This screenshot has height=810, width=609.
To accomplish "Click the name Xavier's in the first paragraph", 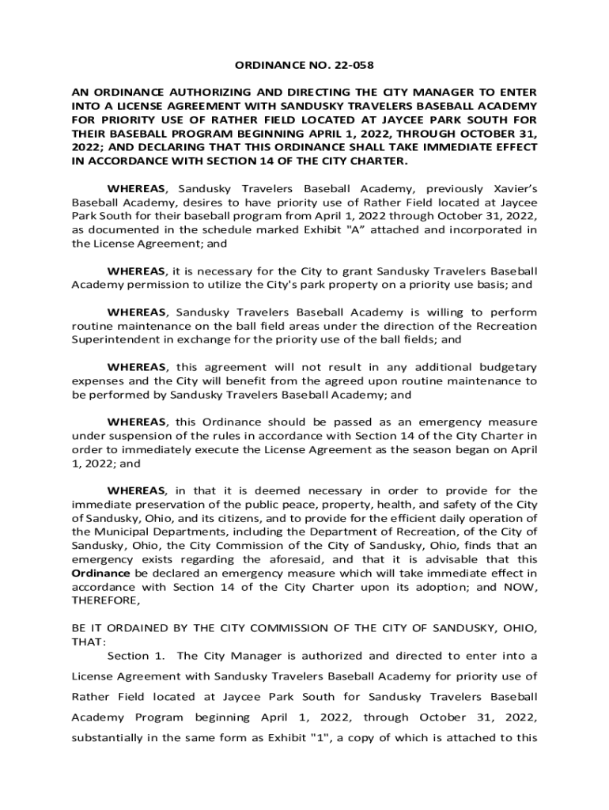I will pyautogui.click(x=513, y=189).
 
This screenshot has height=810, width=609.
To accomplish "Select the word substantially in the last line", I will pyautogui.click(x=112, y=738).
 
